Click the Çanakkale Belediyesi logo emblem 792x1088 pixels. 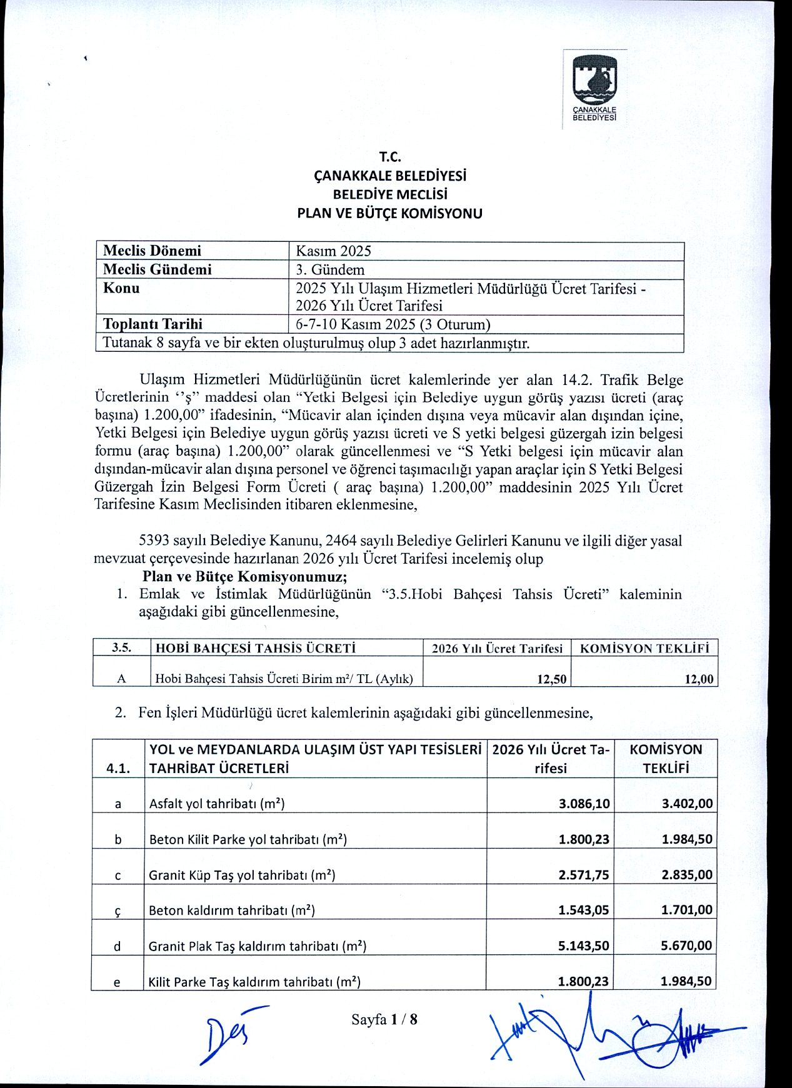[x=595, y=81]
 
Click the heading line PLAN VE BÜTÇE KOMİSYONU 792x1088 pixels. [x=389, y=214]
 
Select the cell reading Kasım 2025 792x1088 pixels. [x=333, y=251]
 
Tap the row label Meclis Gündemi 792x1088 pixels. [x=157, y=269]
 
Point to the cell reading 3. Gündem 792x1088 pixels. [x=329, y=270]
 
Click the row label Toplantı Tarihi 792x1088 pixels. [x=153, y=324]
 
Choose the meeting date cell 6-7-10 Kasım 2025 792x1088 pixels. [x=393, y=324]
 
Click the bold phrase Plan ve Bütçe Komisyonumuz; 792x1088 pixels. [x=244, y=576]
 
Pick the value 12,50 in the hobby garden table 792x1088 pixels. [x=551, y=679]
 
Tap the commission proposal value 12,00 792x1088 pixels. [x=699, y=679]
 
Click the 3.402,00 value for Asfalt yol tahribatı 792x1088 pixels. [x=687, y=804]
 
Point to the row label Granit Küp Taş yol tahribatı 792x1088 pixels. [x=242, y=875]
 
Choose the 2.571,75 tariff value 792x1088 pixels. [x=583, y=875]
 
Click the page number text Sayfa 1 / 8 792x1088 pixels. [x=384, y=1020]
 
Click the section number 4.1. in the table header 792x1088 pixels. [x=118, y=769]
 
